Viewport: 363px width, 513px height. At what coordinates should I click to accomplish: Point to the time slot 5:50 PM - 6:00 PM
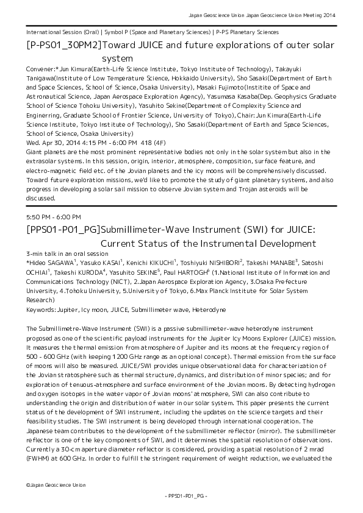point(54,216)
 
